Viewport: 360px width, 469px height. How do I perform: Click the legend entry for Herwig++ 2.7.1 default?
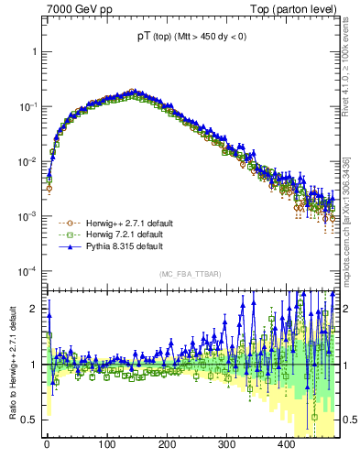tap(121, 223)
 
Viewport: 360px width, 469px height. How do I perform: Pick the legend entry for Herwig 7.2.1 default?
tap(119, 234)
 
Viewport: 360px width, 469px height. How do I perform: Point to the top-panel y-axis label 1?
tap(34, 51)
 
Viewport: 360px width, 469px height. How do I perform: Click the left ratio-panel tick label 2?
tap(34, 309)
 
